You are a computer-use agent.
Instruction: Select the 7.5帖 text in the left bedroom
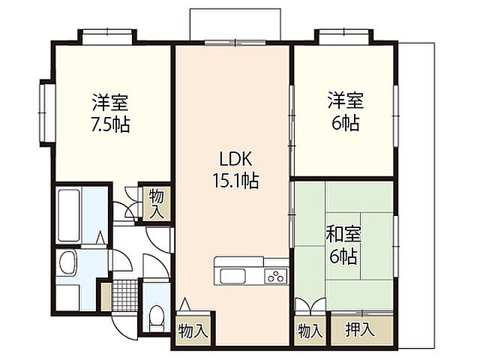109,124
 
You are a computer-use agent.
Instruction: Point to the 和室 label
343,234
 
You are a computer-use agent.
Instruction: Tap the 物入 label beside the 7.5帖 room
157,202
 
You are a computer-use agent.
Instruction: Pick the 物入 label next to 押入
310,329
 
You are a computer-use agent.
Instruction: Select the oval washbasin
67,264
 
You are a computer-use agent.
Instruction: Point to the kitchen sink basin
230,276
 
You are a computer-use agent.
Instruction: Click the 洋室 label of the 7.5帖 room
109,100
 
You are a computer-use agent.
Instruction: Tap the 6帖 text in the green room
344,257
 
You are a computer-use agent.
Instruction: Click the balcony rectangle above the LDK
235,23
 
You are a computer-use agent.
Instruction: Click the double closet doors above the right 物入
310,306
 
